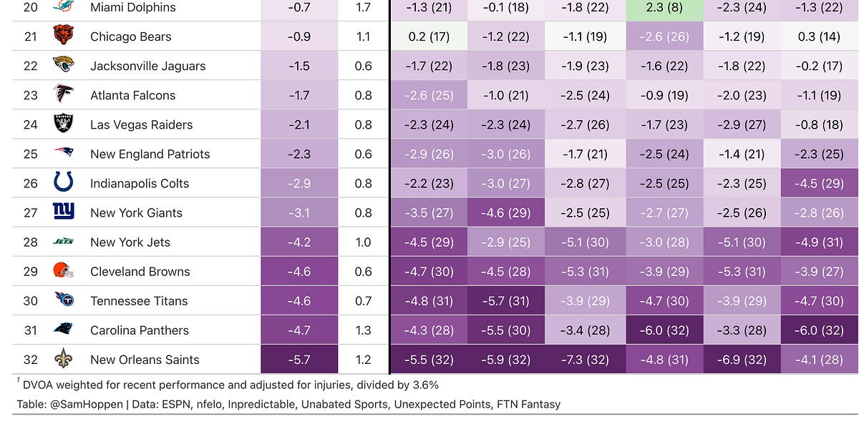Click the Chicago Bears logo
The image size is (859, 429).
[x=63, y=36]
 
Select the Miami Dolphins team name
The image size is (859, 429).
[x=132, y=7]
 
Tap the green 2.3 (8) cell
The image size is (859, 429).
[x=664, y=7]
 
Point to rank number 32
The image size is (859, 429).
[x=30, y=360]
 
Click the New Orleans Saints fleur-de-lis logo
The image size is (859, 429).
[x=63, y=360]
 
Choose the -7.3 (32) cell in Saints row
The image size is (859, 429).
[x=586, y=360]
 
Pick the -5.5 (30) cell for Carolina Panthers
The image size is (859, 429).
[x=508, y=330]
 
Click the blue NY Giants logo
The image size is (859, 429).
[x=63, y=212]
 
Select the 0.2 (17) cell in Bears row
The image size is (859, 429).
[x=429, y=36]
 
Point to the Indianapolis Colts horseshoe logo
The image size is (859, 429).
[x=63, y=182]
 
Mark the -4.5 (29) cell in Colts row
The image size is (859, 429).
[x=820, y=183]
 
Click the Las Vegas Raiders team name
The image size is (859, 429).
[x=141, y=124]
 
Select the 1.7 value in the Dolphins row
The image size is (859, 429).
[x=363, y=7]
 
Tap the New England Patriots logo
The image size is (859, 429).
[x=63, y=153]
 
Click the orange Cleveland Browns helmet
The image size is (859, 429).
[x=63, y=271]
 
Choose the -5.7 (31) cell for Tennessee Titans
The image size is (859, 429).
[x=508, y=301]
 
